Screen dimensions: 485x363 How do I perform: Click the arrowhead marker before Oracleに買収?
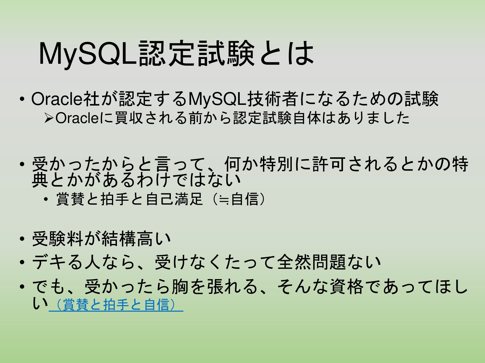click(x=48, y=118)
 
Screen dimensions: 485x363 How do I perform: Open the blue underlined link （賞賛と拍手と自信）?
click(x=116, y=305)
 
